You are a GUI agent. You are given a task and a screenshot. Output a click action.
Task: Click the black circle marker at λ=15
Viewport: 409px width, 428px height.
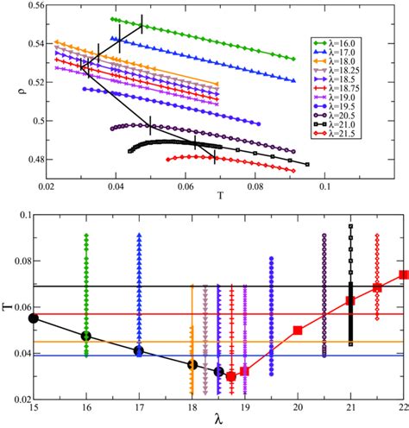click(34, 318)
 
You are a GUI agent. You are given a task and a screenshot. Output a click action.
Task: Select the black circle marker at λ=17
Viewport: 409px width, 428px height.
click(139, 350)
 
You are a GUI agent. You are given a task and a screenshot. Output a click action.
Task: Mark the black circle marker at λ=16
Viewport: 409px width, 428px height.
click(86, 336)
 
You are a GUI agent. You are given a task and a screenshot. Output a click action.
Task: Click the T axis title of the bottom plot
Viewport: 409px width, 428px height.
click(8, 305)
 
